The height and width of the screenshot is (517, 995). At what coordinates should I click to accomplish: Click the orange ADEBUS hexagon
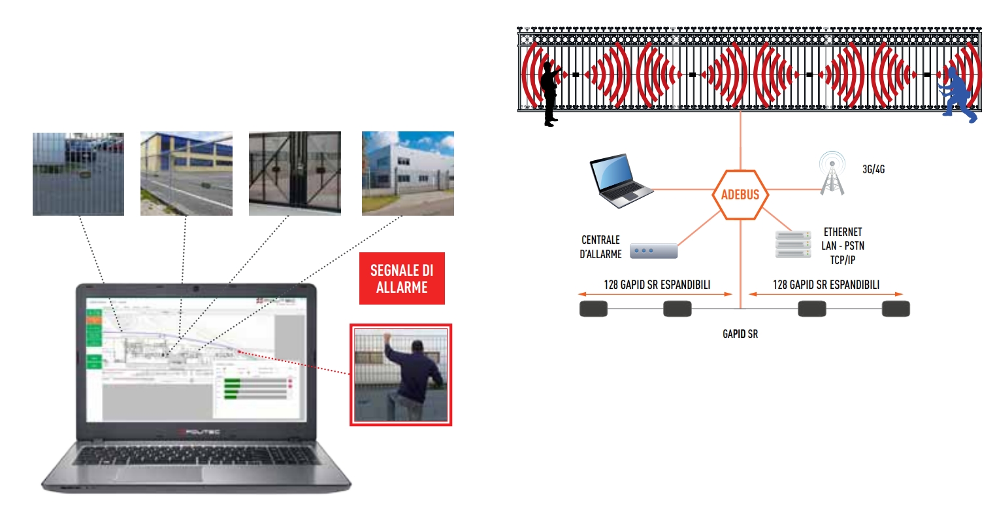740,195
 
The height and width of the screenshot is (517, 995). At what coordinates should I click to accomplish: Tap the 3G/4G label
873,169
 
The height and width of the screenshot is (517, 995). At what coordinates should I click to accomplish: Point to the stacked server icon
792,244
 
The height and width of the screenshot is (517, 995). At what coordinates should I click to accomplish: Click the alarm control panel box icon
653,250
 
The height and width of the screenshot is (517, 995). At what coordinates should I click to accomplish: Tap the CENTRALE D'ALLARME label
600,247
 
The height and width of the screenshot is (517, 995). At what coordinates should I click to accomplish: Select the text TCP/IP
842,259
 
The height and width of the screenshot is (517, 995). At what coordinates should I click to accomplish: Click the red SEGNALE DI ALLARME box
402,278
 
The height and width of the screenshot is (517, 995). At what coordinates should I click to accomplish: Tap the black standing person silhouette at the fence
550,92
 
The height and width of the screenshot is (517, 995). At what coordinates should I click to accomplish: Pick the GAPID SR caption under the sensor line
740,334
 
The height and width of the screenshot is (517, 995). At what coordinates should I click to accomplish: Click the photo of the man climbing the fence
400,375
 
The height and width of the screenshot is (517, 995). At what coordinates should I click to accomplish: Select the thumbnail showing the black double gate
295,174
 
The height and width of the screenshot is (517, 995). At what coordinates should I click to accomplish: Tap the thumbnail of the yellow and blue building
186,174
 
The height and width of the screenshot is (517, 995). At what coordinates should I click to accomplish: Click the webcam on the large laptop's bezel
195,289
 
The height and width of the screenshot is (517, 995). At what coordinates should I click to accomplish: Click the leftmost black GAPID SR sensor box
593,309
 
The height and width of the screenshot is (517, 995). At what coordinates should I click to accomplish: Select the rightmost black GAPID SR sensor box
895,309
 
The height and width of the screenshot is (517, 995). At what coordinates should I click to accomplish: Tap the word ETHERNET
842,232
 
